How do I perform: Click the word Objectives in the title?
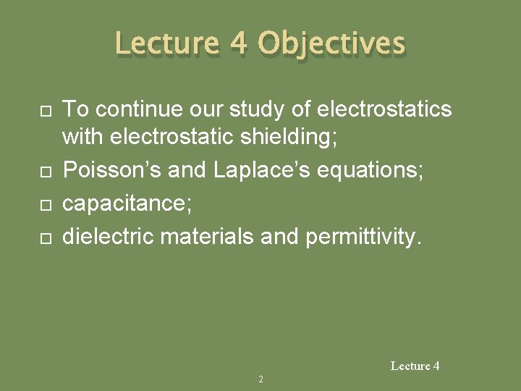[x=331, y=44]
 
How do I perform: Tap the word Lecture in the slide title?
[x=166, y=44]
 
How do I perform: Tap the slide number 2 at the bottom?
[x=260, y=379]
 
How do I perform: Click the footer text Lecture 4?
[x=415, y=366]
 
